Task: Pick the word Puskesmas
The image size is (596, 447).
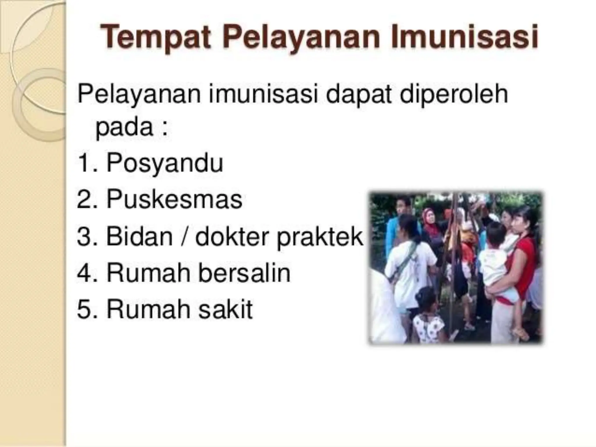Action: click(174, 200)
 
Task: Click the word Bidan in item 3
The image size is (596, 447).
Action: click(139, 236)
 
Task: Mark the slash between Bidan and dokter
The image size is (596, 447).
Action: click(184, 236)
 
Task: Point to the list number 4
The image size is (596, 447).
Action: click(85, 273)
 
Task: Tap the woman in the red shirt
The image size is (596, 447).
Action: click(521, 256)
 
